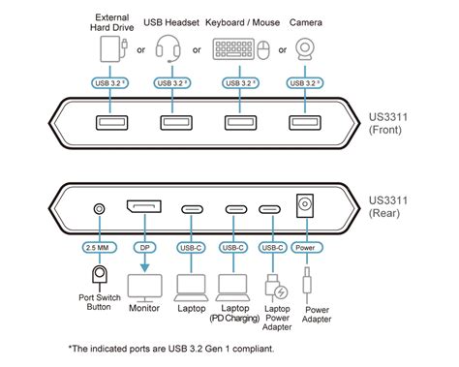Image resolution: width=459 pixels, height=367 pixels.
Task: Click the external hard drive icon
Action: click(108, 50)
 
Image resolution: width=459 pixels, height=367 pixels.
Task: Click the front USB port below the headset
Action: click(173, 122)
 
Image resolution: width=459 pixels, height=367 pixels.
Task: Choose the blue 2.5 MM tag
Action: click(97, 246)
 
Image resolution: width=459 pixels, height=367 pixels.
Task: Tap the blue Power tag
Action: click(303, 246)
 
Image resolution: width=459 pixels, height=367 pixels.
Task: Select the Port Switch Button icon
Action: click(97, 278)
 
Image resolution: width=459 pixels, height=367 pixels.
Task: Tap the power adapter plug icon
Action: click(308, 282)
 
